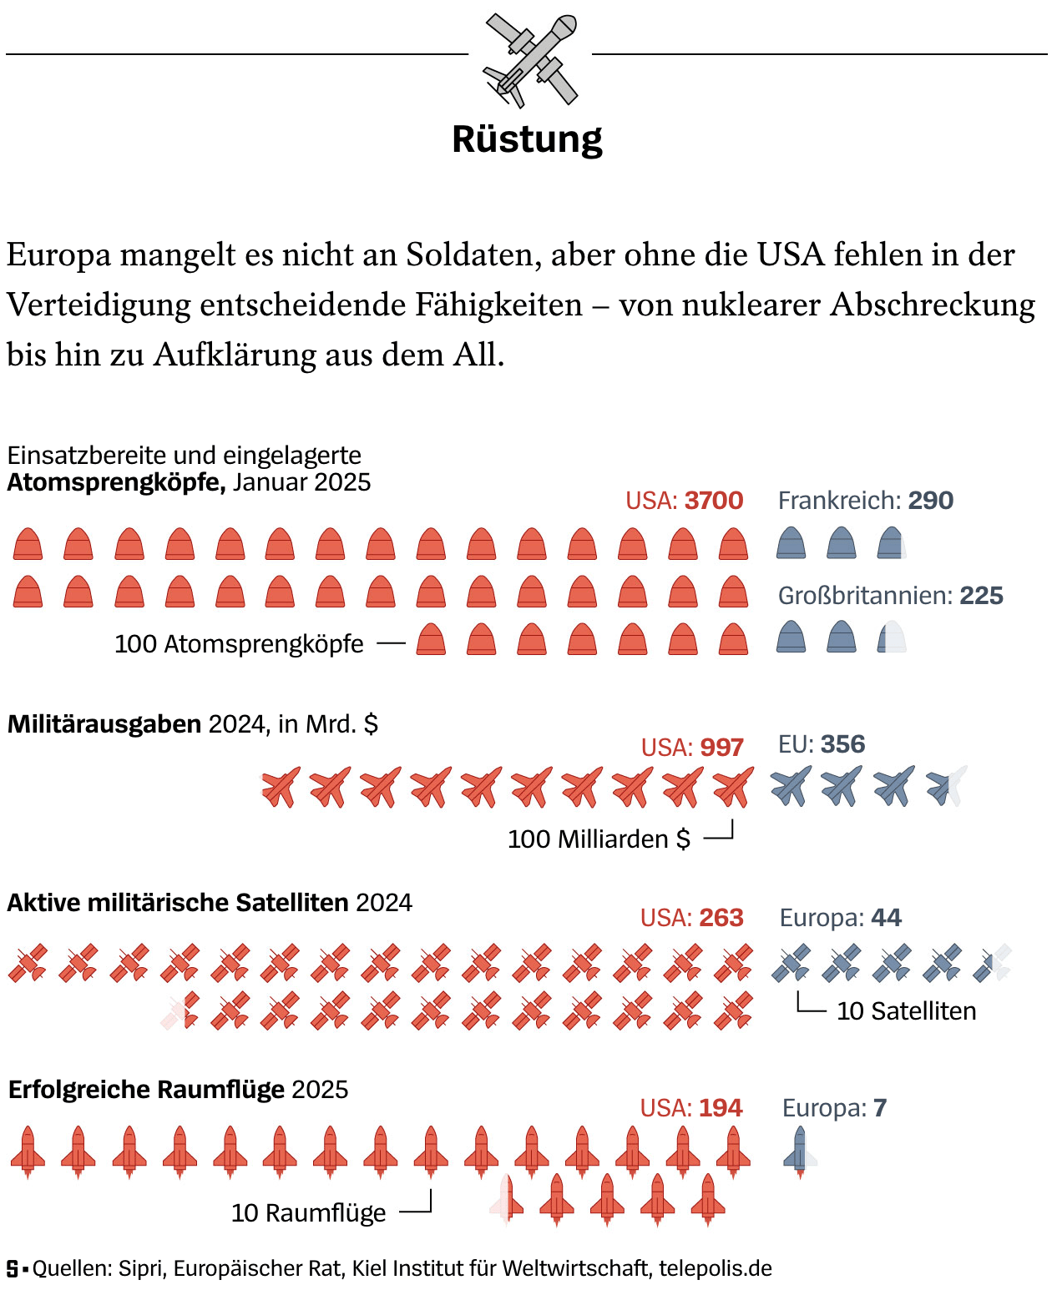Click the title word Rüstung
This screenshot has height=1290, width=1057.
point(527,139)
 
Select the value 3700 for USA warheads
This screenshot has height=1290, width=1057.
point(714,501)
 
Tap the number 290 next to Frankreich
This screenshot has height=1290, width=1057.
point(930,501)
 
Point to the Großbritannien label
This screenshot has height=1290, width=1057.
point(865,596)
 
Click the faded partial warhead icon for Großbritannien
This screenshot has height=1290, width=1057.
point(892,637)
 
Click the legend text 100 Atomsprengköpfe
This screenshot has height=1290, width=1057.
point(239,644)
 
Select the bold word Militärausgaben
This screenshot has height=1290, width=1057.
point(104,724)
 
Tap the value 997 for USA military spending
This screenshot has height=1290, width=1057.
point(722,748)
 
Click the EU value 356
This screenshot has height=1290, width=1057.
point(842,744)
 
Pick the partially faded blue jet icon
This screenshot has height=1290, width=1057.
point(946,786)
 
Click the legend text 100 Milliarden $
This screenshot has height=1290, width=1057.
point(599,839)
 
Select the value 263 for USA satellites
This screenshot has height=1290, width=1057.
point(721,918)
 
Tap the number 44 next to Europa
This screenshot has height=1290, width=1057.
point(886,918)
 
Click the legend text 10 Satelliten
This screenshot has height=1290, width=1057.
point(906,1011)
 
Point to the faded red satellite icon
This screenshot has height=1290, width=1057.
point(180,1010)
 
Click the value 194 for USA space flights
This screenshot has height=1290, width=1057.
point(721,1108)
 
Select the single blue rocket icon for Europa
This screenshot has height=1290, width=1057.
point(800,1151)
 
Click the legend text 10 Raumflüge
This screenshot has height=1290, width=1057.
point(308,1213)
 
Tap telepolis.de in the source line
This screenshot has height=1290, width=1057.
point(715,1268)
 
